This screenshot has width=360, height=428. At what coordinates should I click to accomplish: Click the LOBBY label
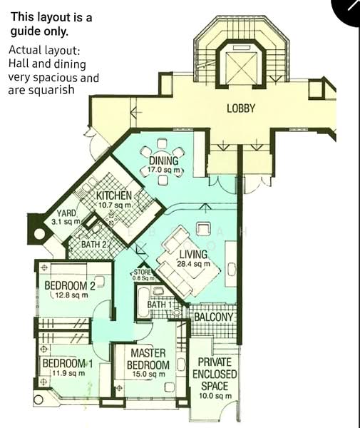pos(241,108)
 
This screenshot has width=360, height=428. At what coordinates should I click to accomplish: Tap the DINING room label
pos(163,161)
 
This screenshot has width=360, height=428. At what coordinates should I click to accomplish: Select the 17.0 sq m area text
pos(166,171)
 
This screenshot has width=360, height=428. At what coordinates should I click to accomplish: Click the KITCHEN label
pos(113,195)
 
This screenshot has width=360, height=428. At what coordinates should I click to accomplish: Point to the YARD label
pos(66,213)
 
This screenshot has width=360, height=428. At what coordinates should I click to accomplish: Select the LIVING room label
pos(192,254)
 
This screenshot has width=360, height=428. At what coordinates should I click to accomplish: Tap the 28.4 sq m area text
pos(194,264)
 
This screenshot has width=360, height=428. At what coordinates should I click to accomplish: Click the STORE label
pos(143,272)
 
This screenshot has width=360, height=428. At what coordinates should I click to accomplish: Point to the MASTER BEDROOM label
pos(148,359)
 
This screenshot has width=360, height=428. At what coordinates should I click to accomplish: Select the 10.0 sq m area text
pos(215,396)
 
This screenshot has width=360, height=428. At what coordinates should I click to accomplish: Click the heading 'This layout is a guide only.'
pos(51,24)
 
